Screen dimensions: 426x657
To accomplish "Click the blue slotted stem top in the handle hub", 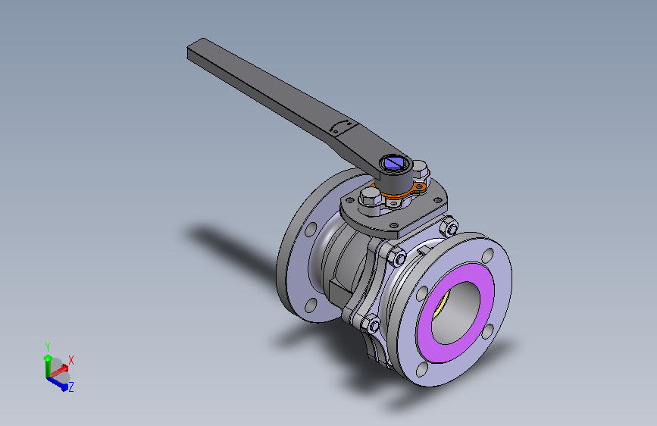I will coord(395,162).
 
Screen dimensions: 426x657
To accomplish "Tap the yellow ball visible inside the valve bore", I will coord(441,308).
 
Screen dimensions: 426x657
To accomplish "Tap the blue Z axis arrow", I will coord(58,381).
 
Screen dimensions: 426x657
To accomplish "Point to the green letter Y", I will coord(47,346).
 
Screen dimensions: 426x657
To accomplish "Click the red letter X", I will coord(71,359).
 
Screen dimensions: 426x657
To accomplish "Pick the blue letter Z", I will coord(70,387).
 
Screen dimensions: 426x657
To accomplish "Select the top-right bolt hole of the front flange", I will coord(487,254).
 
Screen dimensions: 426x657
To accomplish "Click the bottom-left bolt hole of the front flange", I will coord(421,371).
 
